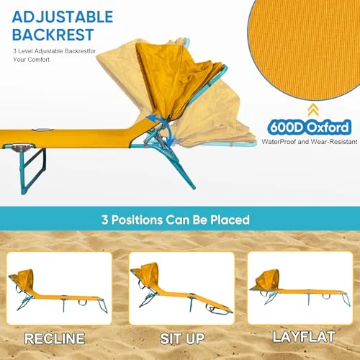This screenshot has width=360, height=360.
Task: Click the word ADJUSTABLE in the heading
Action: pyautogui.click(x=63, y=17)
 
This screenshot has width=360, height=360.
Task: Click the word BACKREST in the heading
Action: pyautogui.click(x=53, y=35)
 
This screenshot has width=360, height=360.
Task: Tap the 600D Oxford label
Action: pyautogui.click(x=309, y=127)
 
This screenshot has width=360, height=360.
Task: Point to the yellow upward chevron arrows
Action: pyautogui.click(x=313, y=110)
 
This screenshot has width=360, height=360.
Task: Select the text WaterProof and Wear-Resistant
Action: pyautogui.click(x=310, y=142)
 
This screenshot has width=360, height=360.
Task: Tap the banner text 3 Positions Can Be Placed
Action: pyautogui.click(x=176, y=220)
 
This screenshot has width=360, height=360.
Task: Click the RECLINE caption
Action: pyautogui.click(x=55, y=338)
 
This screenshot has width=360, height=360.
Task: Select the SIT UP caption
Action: pyautogui.click(x=182, y=338)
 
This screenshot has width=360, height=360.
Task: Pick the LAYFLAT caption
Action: pyautogui.click(x=304, y=337)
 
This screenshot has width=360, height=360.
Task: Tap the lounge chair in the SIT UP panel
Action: pyautogui.click(x=181, y=289)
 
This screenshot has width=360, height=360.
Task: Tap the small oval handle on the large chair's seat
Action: pyautogui.click(x=42, y=130)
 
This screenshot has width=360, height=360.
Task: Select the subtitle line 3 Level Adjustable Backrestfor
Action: pyautogui.click(x=55, y=51)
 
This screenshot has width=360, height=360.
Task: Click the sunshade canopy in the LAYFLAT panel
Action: pyautogui.click(x=269, y=279)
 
